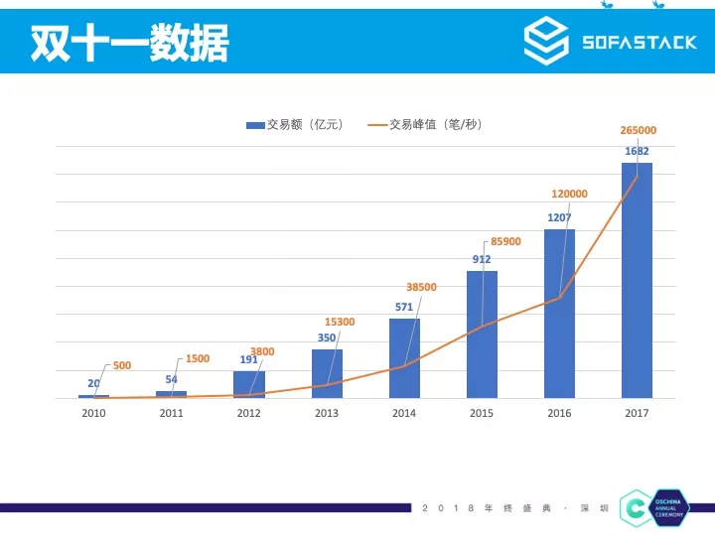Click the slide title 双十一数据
[129, 43]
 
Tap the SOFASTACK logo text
[639, 43]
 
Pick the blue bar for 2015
[482, 335]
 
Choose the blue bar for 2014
[404, 358]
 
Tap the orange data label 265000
[637, 130]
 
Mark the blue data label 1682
[637, 151]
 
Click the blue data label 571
[403, 307]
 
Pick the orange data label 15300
[340, 322]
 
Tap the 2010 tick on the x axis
[93, 413]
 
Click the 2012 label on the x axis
[248, 413]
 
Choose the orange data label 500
[121, 365]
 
